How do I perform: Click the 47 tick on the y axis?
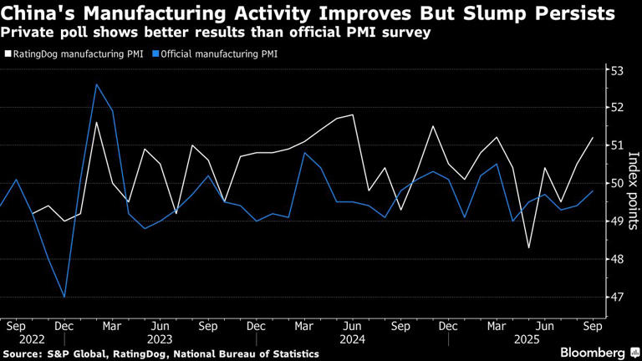616,297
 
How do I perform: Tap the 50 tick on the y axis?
616,183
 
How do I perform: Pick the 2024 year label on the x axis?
352,340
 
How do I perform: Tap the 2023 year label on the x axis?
160,340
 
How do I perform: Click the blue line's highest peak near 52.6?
96,84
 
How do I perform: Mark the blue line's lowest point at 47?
64,297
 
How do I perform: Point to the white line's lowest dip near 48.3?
528,247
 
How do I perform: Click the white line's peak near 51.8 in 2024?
353,114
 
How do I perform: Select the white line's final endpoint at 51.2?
593,137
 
